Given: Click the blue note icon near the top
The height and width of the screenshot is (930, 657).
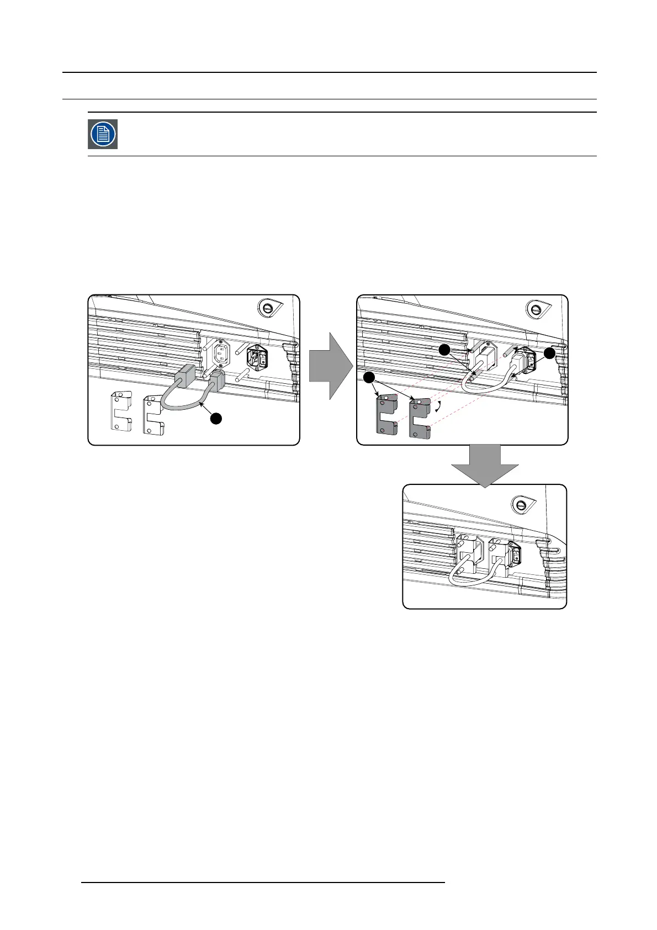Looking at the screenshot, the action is pyautogui.click(x=103, y=134).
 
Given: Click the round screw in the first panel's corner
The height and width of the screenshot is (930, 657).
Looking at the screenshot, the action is pyautogui.click(x=267, y=307).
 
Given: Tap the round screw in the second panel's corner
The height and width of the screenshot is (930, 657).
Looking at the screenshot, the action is pyautogui.click(x=535, y=307).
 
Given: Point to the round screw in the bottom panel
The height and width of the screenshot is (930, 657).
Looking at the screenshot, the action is pyautogui.click(x=520, y=504).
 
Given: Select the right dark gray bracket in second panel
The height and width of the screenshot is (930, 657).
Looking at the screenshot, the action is pyautogui.click(x=419, y=418).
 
